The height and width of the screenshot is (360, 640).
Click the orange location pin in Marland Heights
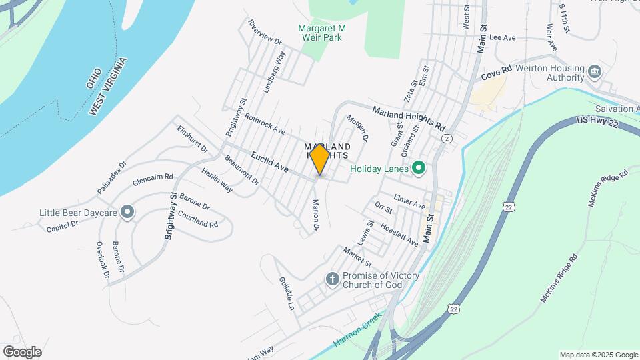pyautogui.click(x=319, y=159)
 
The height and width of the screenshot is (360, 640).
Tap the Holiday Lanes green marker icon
pyautogui.click(x=419, y=168)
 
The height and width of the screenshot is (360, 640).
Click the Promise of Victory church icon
pyautogui.click(x=333, y=279)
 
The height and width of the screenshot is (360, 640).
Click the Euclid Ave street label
pyautogui.click(x=270, y=163)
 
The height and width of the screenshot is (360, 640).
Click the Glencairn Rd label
pyautogui.click(x=153, y=180)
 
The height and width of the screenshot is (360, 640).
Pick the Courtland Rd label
pyautogui.click(x=199, y=219)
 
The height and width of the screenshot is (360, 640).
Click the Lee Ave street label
pyautogui.click(x=503, y=38)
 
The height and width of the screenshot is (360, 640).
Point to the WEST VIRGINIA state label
pyautogui.click(x=109, y=87)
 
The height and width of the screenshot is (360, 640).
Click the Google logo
pyautogui.click(x=22, y=352)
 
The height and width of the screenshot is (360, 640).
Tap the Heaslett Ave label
pyautogui.click(x=399, y=235)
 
